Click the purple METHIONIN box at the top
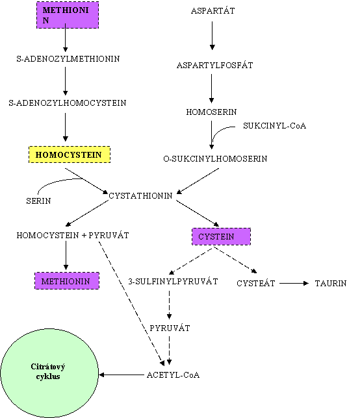point(68,15)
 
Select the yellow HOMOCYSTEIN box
point(70,154)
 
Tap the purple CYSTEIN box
point(221,236)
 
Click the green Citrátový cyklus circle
point(49,373)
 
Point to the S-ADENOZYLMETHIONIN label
point(68,58)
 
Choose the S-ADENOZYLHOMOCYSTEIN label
point(67,103)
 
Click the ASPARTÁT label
point(212,10)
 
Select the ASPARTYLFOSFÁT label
point(215,66)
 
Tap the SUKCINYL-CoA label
point(274,126)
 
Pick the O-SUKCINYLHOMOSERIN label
point(215,159)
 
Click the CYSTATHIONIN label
point(140,196)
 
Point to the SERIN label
point(38,201)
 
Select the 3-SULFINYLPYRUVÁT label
point(173,282)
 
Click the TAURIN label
point(331,284)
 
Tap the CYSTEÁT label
point(255,284)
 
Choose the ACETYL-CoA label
point(174,375)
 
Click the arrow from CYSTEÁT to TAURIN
point(294,284)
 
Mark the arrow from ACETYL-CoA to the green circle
point(122,375)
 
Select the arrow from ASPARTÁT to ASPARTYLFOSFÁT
point(212,36)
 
